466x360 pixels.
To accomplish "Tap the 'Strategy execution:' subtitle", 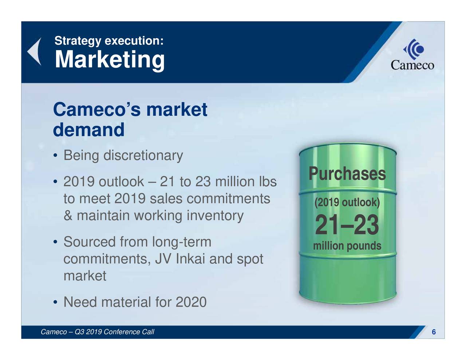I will [x=108, y=40].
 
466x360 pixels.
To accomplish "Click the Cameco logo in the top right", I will [x=412, y=55].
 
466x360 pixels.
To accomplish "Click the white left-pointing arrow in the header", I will [x=35, y=52].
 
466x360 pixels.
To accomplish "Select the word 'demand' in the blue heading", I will [x=88, y=130].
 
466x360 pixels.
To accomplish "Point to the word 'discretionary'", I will [x=143, y=156].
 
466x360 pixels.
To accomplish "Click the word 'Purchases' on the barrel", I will [x=347, y=174].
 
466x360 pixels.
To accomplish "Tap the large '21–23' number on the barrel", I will [x=347, y=225].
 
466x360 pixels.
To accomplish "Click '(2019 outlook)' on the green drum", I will [x=347, y=202].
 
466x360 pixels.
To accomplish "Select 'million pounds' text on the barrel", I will [x=347, y=246].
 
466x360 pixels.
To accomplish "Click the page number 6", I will [x=434, y=332].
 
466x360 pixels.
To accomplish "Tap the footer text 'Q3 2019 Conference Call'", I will [x=114, y=332].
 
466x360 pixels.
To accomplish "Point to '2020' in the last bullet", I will [x=191, y=302].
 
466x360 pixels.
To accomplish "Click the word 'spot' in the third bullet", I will [x=250, y=259].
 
